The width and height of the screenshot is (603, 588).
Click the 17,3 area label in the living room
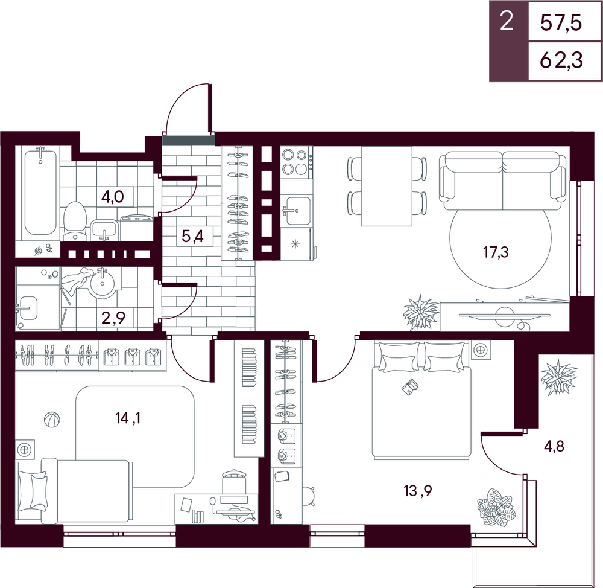[x=496, y=252]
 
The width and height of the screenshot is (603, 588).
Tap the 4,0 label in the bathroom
[x=112, y=197]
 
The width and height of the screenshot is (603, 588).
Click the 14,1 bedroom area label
[x=128, y=418]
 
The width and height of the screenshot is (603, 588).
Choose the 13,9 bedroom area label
[x=418, y=491]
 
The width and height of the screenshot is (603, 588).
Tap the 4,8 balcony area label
[x=554, y=447]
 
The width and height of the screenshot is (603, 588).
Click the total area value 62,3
[x=561, y=60]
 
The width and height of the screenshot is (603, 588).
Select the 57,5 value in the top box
[x=561, y=23]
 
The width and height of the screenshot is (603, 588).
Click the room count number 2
[x=507, y=21]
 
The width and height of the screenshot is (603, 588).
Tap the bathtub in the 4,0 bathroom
[x=40, y=192]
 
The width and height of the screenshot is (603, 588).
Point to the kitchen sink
[x=295, y=210]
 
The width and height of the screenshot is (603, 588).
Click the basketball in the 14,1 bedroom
[x=52, y=420]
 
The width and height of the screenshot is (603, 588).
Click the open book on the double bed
[x=410, y=386]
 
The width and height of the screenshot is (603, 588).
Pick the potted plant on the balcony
[x=559, y=377]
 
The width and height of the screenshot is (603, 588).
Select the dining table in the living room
[x=387, y=186]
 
